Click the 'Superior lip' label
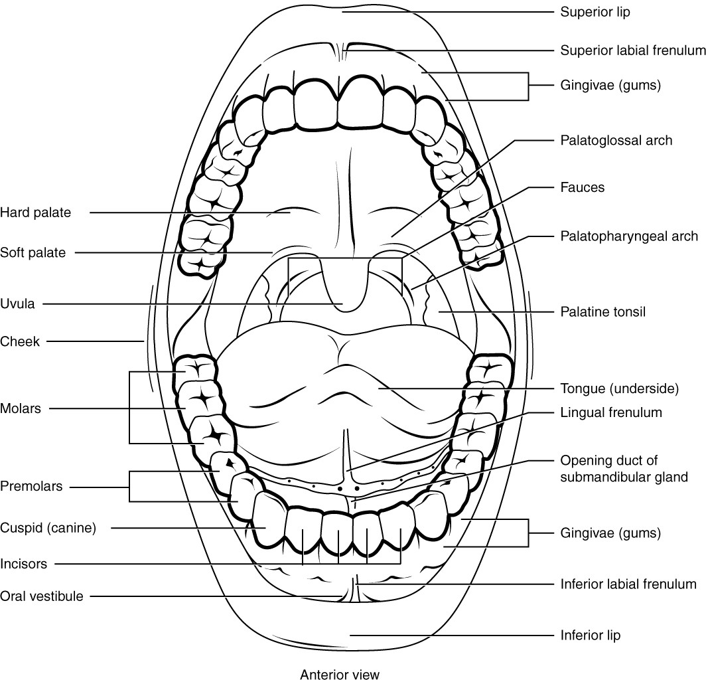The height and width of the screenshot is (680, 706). [595, 12]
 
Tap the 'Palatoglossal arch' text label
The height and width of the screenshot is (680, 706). [616, 140]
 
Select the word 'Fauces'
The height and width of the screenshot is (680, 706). [583, 187]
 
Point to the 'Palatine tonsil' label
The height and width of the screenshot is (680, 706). [603, 311]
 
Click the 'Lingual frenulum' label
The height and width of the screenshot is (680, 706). [611, 412]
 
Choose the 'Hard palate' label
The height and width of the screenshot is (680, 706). [35, 212]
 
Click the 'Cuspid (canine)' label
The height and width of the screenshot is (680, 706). [48, 529]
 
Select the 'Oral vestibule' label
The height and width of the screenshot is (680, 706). [42, 596]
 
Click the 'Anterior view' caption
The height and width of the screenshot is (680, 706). [340, 675]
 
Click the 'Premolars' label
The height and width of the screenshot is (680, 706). [31, 486]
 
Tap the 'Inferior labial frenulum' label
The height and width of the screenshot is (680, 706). [628, 584]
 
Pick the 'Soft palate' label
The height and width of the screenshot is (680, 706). [33, 252]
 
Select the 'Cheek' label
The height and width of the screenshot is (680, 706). [20, 342]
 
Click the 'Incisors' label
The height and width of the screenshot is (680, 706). [24, 564]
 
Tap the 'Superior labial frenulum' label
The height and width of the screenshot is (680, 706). [632, 50]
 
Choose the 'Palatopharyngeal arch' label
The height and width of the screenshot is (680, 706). [629, 236]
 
